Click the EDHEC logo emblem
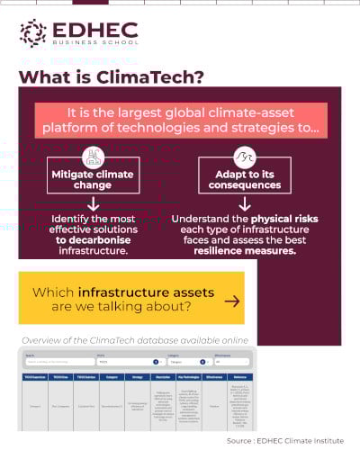point(33,32)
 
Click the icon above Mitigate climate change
point(93,157)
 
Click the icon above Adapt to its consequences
point(244,157)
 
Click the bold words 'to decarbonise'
point(93,240)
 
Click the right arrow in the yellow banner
point(231,301)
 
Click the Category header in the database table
point(112,377)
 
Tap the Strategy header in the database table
point(137,377)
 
